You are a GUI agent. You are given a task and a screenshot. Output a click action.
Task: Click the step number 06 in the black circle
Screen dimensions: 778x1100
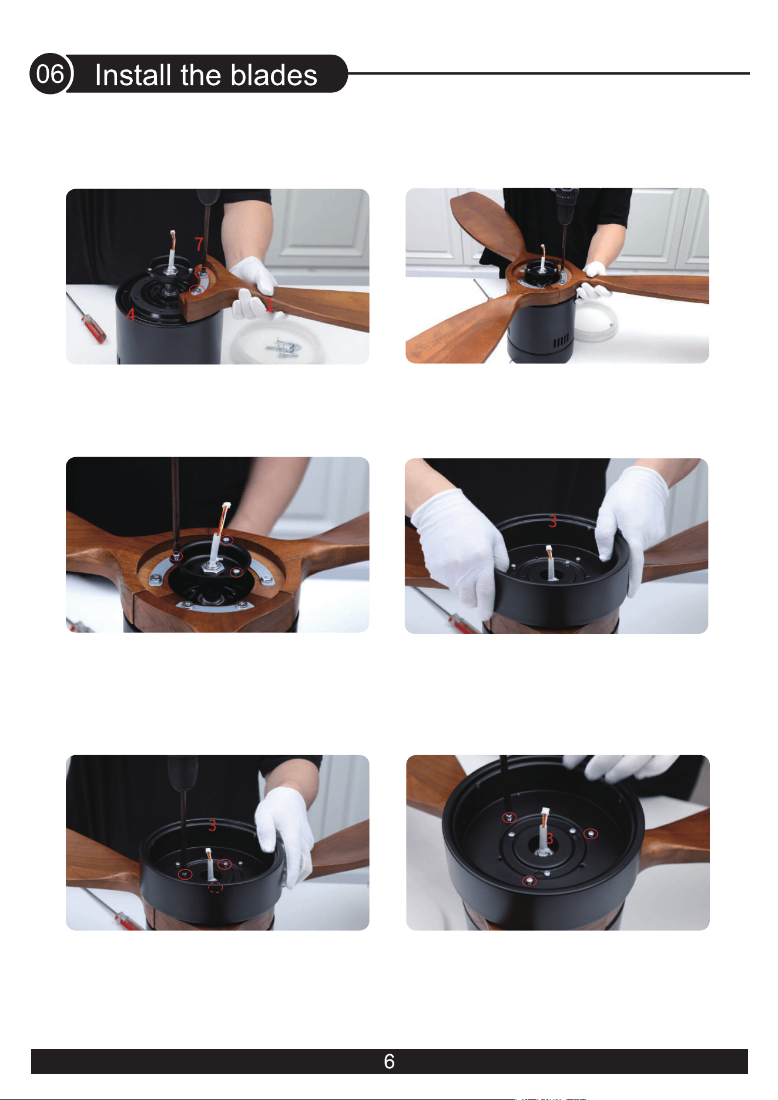point(50,74)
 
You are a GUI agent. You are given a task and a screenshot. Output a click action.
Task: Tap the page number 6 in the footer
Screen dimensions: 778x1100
point(389,1061)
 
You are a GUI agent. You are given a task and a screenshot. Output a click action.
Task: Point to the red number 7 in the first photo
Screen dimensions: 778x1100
point(199,243)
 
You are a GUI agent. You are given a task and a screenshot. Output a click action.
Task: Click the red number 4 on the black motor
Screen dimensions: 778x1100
point(131,315)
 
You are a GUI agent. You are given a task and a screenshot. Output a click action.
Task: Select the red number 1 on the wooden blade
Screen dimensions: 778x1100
point(269,304)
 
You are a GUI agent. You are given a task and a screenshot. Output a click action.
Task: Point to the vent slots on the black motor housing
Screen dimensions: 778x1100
point(561,341)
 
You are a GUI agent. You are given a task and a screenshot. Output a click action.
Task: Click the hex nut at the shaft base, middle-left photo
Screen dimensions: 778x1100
point(211,566)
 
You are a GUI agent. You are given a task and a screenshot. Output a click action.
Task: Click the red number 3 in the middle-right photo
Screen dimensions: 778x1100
point(552,521)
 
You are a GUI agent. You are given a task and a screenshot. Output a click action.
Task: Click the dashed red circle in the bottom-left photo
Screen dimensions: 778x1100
point(216,887)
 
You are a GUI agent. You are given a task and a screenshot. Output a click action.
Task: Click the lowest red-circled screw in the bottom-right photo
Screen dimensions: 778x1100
point(530,881)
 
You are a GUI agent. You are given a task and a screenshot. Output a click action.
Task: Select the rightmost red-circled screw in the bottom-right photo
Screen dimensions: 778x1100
point(591,834)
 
